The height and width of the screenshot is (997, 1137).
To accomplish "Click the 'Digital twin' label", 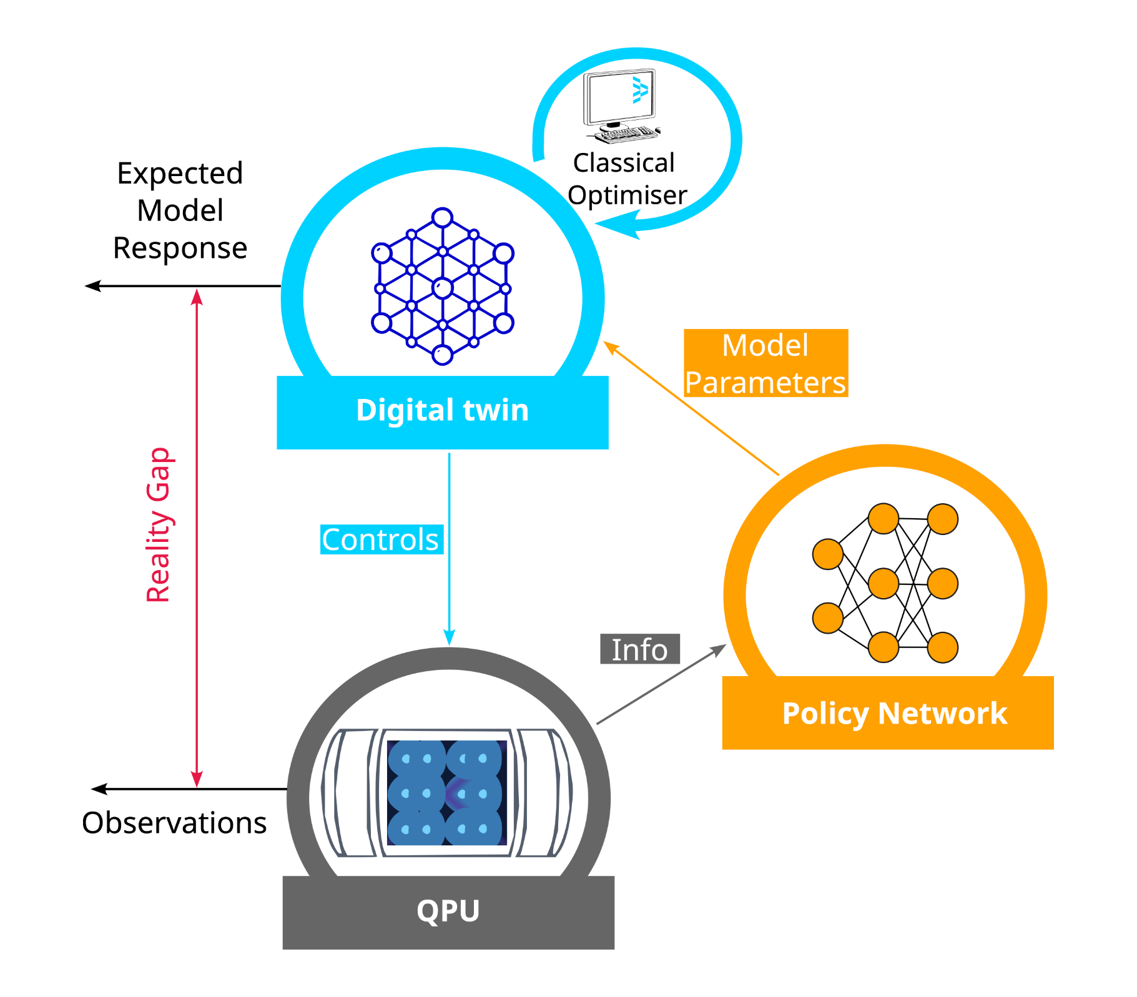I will (x=442, y=410).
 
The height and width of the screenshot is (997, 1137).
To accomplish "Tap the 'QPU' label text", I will (x=448, y=910).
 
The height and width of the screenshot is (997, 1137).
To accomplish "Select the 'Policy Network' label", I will (x=894, y=713).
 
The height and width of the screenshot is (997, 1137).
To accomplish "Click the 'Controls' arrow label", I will (x=381, y=539).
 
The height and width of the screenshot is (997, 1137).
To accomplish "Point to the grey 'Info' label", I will (x=639, y=649).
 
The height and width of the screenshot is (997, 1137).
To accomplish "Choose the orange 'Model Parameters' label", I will (x=765, y=363).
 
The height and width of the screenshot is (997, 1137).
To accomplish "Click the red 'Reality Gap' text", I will (x=158, y=524).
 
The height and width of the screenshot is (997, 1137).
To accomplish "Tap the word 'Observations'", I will (x=174, y=823).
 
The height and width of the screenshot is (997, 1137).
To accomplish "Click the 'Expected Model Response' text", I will (x=180, y=210).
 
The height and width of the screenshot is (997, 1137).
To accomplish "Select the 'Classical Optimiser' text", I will (x=626, y=179).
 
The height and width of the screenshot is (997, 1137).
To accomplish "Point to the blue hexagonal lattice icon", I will (x=442, y=287).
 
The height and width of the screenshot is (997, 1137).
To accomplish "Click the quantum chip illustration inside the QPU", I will (x=446, y=793).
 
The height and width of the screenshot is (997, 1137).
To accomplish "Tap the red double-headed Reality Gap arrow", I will (x=197, y=537).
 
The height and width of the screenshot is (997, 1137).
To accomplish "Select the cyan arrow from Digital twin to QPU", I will (x=449, y=549).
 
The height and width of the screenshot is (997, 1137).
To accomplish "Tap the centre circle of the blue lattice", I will (x=442, y=288).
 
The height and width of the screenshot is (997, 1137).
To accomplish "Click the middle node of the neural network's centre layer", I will (x=884, y=584).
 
